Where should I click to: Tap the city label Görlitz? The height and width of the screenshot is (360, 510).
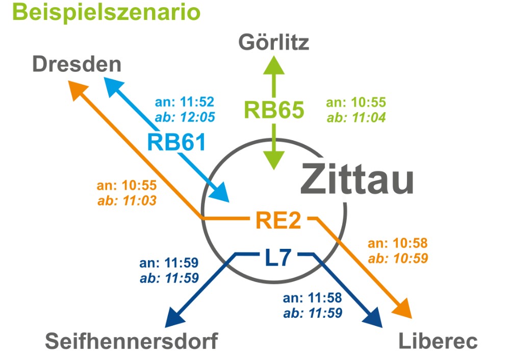click(274, 42)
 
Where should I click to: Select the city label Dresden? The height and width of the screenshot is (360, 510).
click(77, 64)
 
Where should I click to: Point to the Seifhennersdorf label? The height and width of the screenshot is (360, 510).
click(132, 341)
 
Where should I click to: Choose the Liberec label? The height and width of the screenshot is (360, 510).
click(438, 341)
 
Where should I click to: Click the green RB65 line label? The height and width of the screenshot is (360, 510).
click(274, 110)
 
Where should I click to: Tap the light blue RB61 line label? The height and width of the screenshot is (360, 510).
click(176, 142)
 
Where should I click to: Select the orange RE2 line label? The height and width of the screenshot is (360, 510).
click(278, 220)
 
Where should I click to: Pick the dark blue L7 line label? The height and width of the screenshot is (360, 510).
click(277, 258)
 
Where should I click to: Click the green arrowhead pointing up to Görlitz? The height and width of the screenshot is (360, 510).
click(274, 65)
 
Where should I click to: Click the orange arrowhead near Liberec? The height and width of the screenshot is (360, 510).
click(403, 308)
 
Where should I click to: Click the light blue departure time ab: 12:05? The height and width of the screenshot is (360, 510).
click(185, 117)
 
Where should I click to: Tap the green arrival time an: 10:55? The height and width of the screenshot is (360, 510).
click(356, 102)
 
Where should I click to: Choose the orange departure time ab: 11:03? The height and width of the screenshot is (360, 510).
click(127, 200)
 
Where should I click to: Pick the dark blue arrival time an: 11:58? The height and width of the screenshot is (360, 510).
click(312, 298)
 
